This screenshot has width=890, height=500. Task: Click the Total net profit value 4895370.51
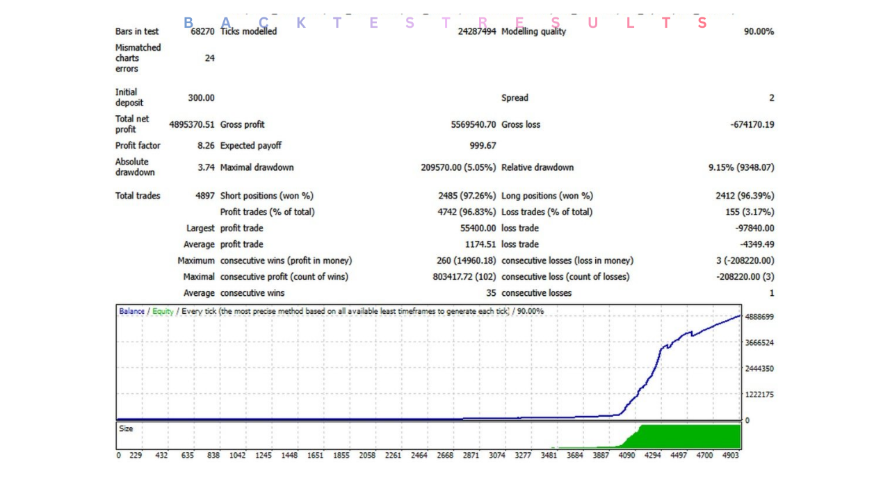pos(192,125)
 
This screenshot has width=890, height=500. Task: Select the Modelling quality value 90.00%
pos(759,32)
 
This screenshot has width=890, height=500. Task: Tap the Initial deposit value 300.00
pos(201,98)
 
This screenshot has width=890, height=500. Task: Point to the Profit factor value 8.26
pos(207,146)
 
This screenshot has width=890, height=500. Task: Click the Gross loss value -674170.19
pos(752,125)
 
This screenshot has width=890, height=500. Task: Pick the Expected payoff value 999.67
pos(483,146)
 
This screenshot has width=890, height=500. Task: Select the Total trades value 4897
pos(204,196)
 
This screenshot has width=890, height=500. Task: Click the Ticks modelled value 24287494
pos(477,32)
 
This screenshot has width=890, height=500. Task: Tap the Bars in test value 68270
pos(202,32)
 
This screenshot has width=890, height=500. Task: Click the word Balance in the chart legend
pos(131,312)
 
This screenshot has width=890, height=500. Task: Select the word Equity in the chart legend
pos(163,312)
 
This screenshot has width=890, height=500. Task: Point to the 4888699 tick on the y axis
pos(759,317)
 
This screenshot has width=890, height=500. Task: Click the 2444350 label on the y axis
pos(759,369)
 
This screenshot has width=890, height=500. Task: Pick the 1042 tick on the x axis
pos(237,456)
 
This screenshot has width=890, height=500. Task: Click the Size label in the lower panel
pos(126,429)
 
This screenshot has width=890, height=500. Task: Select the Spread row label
pos(515,98)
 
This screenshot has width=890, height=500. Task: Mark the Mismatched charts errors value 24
pos(209,58)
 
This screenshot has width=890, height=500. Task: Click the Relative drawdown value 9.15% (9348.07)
pos(741,168)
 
